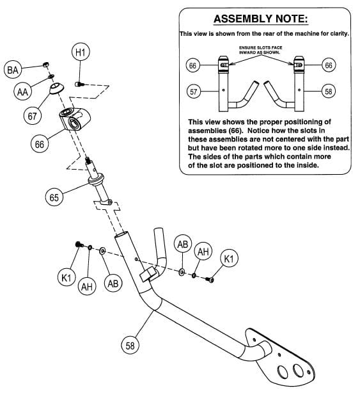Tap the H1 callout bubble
pos(79,53)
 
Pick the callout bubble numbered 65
pos(55,198)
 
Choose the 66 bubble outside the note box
pos(40,144)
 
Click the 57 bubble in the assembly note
pos(192,92)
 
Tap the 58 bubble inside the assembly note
pos(329,92)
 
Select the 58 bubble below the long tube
pos(129,346)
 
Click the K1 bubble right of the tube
pos(229,259)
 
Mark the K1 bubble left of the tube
pos(65,278)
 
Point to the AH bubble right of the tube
pos(203,252)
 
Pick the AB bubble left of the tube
pos(113,283)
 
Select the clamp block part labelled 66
pos(74,119)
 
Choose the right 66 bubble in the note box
pos(329,65)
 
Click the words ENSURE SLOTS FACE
pos(261,48)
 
